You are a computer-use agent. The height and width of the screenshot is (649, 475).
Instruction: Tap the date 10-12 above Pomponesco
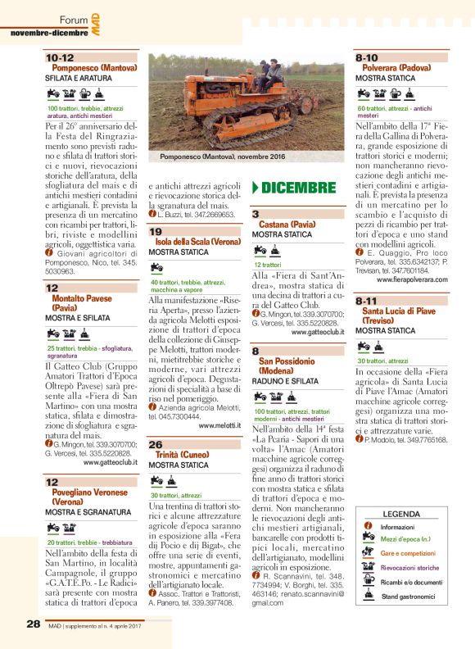60,58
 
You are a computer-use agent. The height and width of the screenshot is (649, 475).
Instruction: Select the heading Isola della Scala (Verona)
194,243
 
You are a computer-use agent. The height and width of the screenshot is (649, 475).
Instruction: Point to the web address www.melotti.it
219,426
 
